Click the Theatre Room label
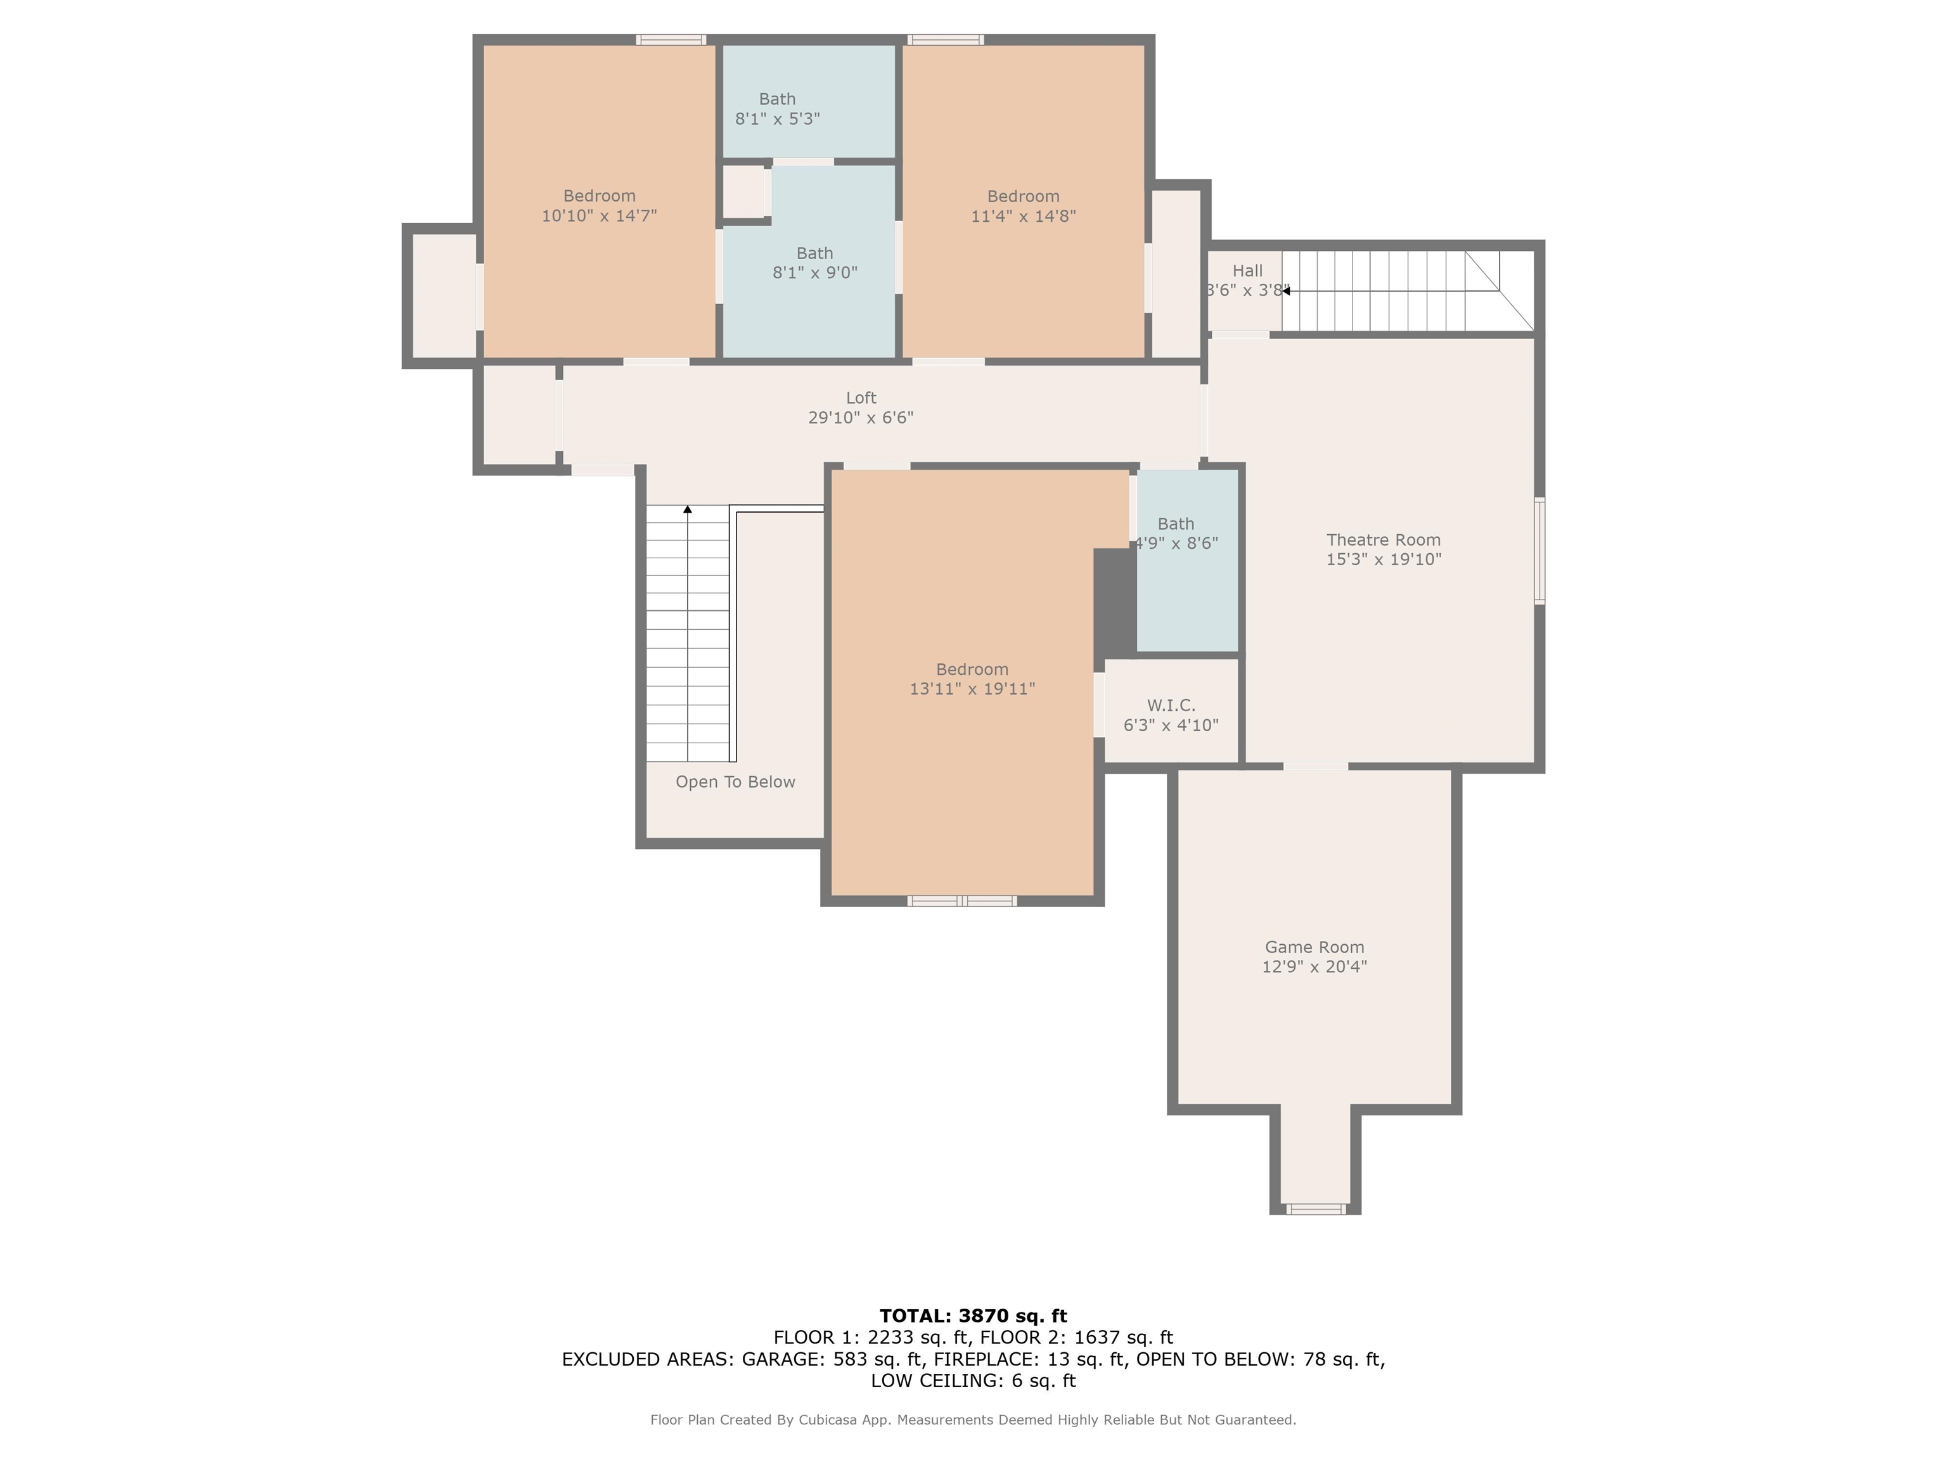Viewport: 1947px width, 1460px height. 1383,539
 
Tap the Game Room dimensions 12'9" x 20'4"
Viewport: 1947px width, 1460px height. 1313,966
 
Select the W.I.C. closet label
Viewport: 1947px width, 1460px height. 1171,705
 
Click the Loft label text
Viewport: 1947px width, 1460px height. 861,398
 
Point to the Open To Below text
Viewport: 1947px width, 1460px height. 735,781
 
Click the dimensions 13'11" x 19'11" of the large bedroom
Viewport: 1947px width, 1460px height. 972,689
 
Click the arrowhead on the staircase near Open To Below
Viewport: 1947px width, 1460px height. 688,509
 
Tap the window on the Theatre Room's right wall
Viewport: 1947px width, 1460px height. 1539,551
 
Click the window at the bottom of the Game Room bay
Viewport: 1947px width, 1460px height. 1315,1209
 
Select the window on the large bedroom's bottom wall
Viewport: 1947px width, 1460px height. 962,900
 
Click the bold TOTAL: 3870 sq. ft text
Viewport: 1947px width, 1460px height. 973,1316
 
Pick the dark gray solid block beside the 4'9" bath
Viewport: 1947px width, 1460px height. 1114,601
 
